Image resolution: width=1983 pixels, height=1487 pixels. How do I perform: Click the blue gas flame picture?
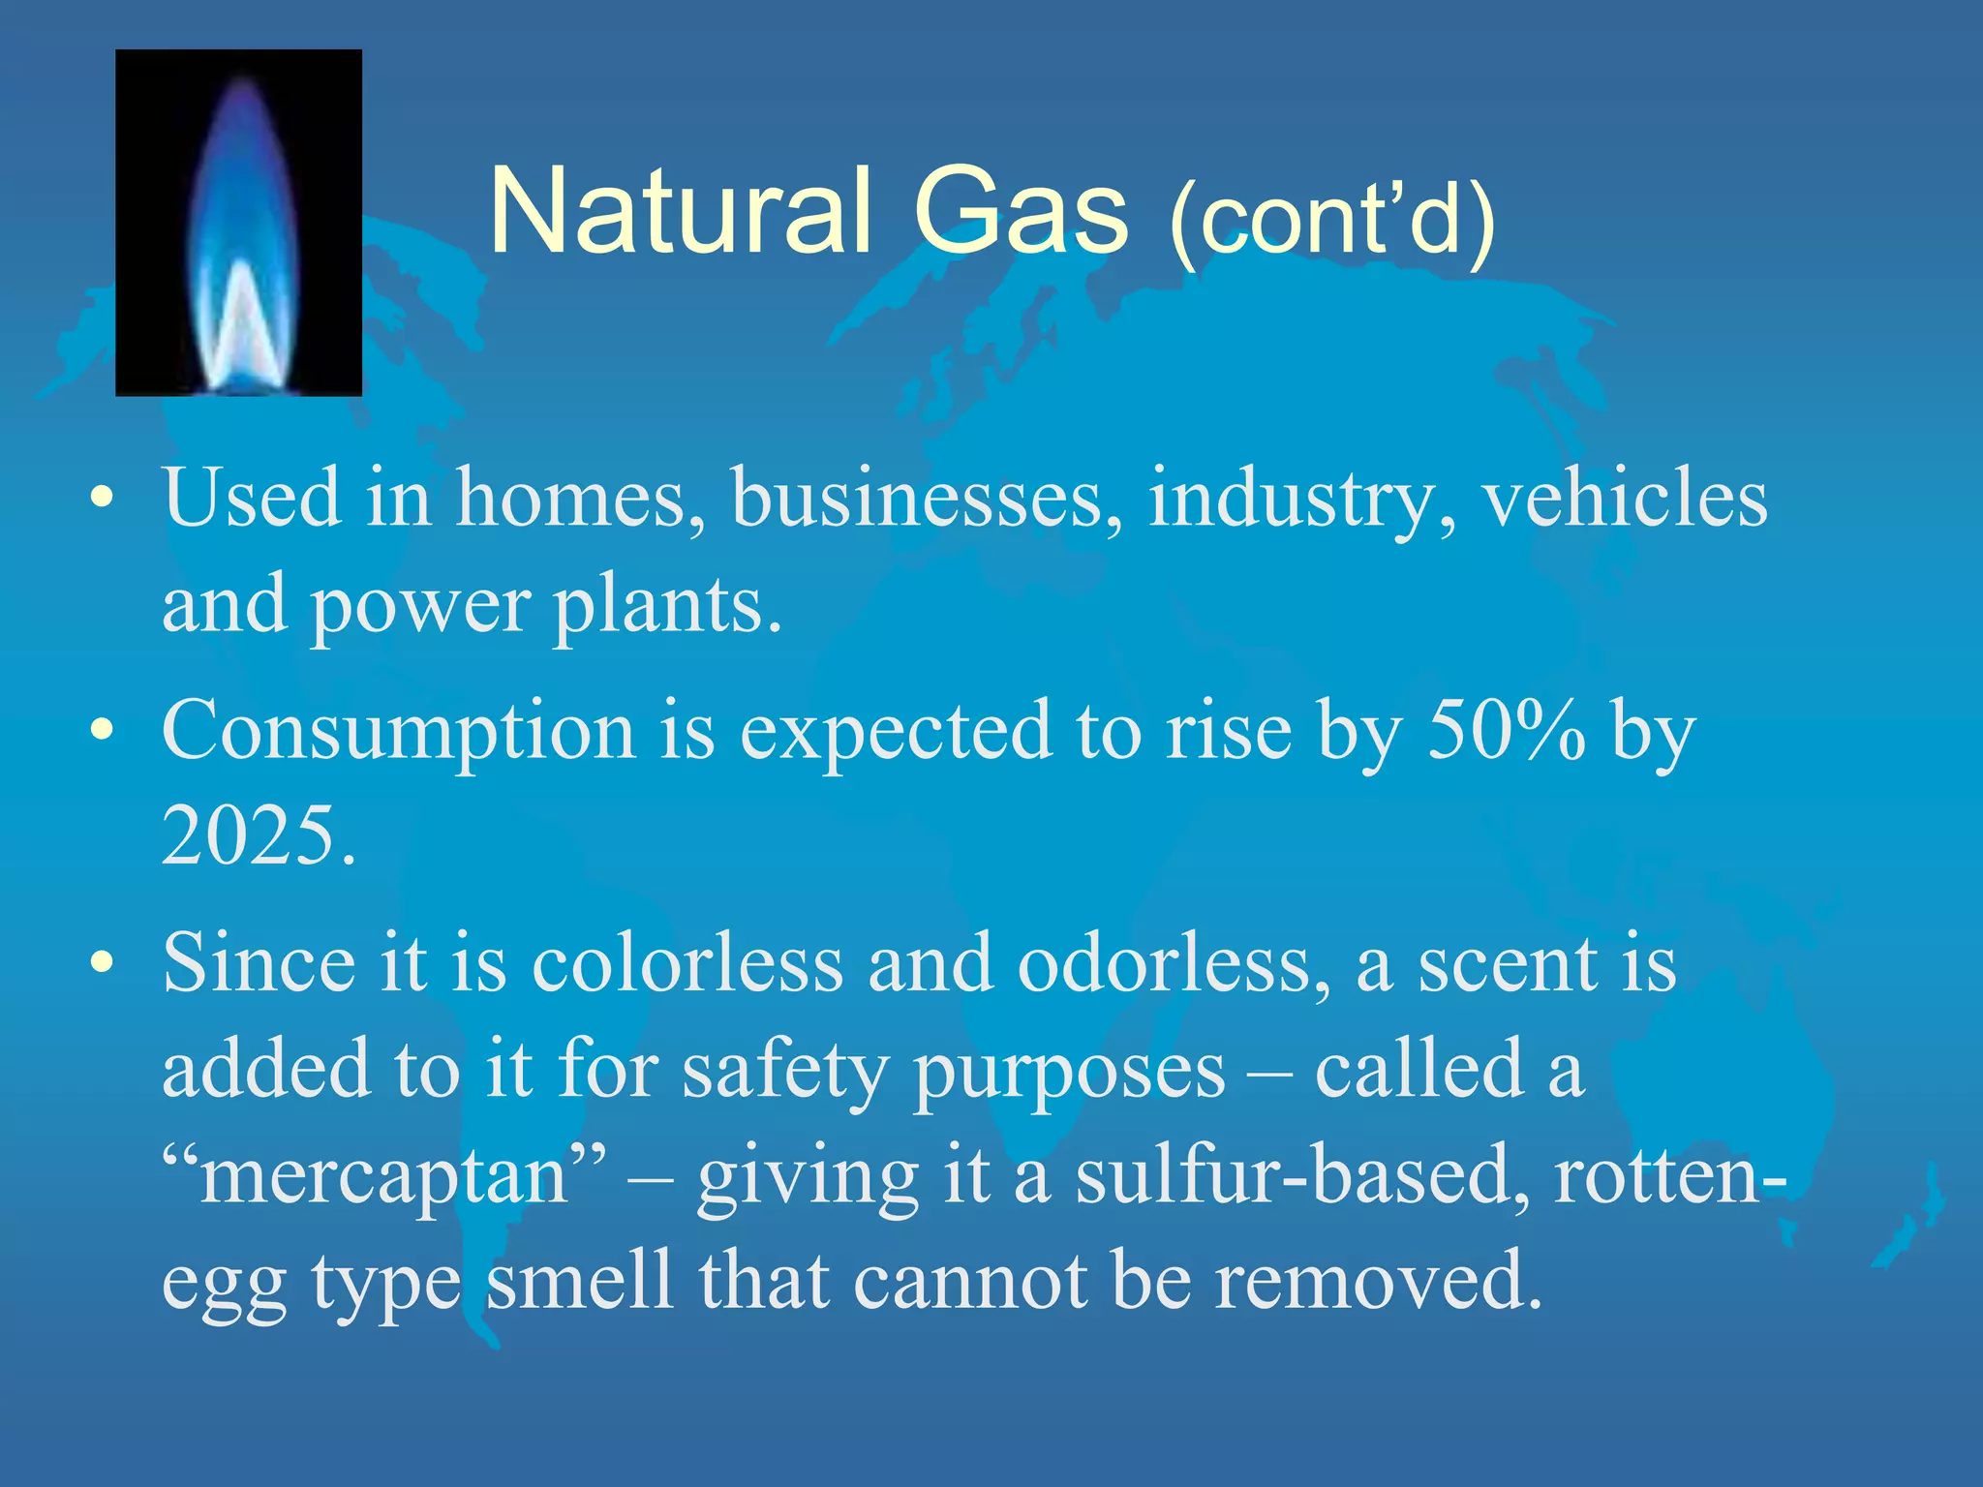tap(238, 223)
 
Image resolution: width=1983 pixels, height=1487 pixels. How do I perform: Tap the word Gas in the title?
tap(1021, 211)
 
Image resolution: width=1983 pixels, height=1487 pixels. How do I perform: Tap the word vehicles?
tap(1626, 498)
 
